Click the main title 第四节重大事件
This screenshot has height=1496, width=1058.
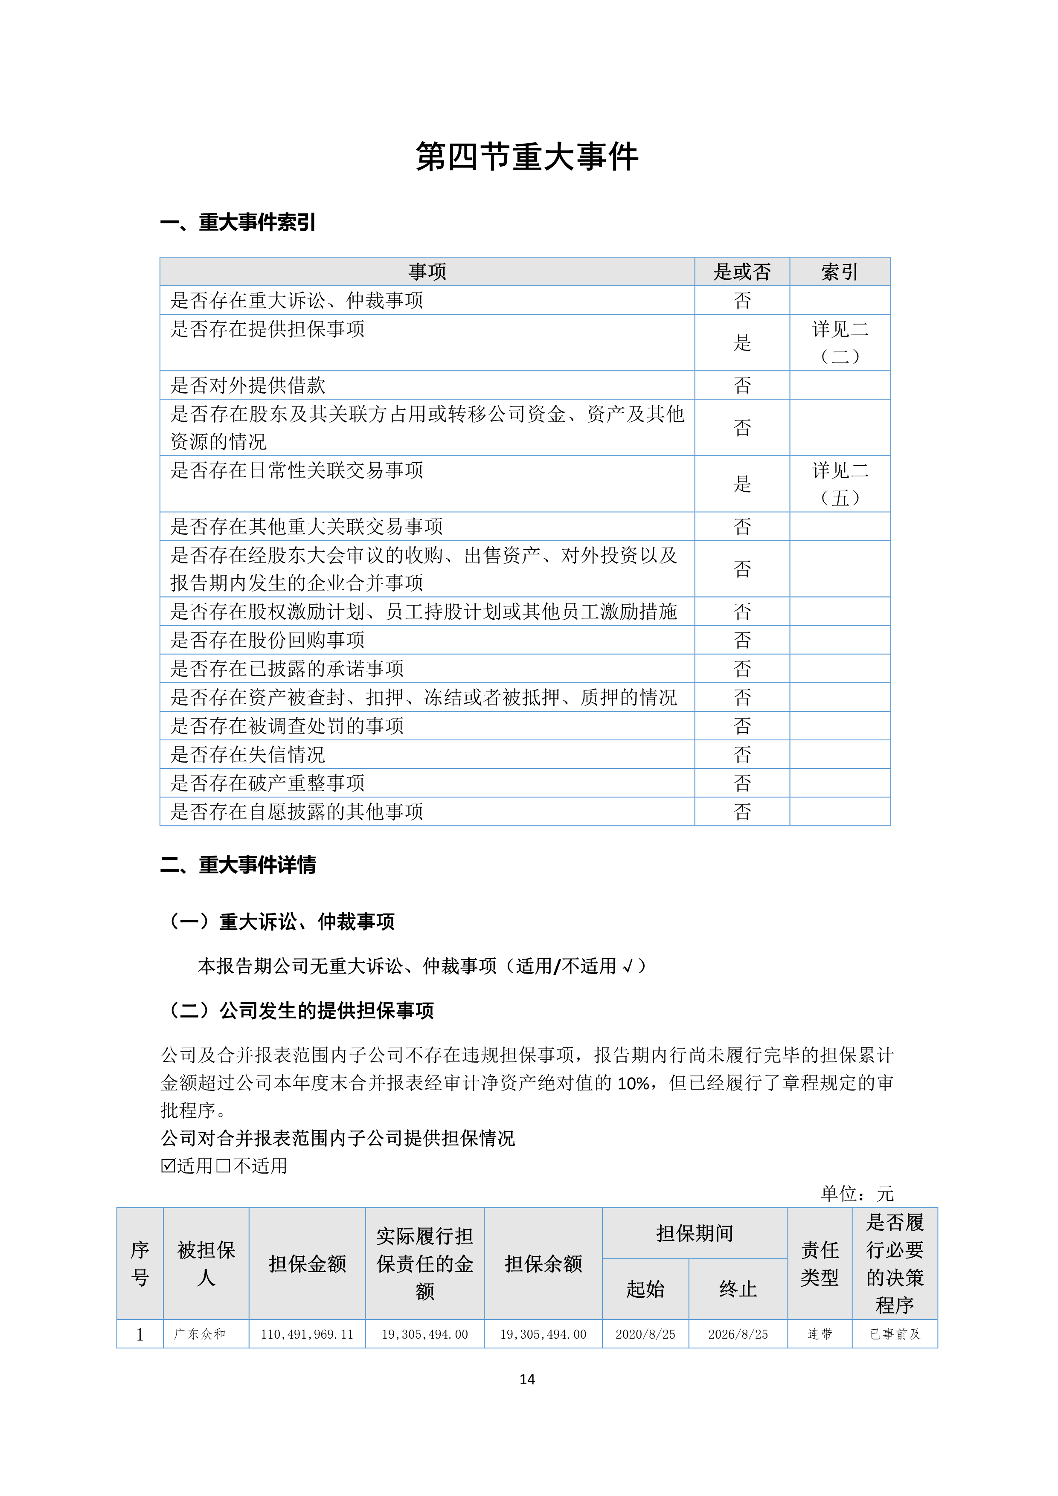(527, 157)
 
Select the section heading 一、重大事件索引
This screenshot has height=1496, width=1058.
(238, 223)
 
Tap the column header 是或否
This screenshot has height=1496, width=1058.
(742, 272)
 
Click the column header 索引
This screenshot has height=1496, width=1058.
(840, 272)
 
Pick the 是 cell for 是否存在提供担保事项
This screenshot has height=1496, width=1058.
(742, 343)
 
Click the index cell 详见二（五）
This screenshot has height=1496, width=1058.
(840, 484)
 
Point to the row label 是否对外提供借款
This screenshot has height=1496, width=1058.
(248, 385)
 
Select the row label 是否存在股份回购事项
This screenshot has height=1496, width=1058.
(267, 640)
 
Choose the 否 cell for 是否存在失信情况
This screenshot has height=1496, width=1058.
(742, 754)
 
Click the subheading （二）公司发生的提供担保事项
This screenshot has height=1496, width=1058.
(300, 1011)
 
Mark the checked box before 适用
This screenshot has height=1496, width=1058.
(168, 1165)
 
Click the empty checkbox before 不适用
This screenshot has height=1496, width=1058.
(223, 1165)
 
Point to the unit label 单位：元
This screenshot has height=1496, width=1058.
(857, 1194)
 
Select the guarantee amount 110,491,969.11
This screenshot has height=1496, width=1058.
(307, 1334)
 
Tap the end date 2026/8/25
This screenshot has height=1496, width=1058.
(738, 1334)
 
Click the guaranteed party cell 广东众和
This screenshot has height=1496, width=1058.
(200, 1334)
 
